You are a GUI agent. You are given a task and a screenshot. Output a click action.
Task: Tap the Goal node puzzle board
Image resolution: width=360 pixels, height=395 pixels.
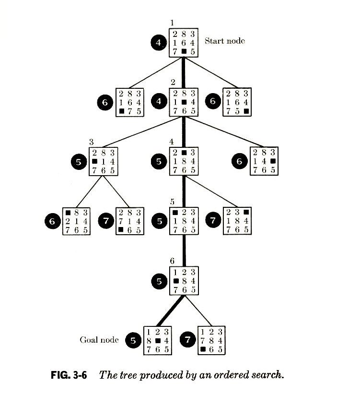(x=157, y=340)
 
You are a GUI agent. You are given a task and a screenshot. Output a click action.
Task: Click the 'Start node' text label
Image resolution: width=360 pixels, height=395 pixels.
(x=225, y=41)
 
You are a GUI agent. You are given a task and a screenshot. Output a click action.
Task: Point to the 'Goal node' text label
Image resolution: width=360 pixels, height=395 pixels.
(x=99, y=340)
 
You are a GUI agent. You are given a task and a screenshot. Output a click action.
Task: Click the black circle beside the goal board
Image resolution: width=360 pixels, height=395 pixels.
(x=132, y=340)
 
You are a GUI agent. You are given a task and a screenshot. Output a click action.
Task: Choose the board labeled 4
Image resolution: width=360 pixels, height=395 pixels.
(x=184, y=161)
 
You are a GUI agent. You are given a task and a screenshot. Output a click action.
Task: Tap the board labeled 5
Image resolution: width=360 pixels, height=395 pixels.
(x=184, y=220)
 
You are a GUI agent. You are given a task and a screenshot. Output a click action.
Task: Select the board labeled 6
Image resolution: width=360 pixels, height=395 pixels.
(x=184, y=280)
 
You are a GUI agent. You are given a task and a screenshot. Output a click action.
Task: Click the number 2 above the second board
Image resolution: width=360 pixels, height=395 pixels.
(x=174, y=81)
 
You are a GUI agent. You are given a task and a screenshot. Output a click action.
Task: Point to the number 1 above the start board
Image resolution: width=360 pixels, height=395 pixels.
(x=173, y=22)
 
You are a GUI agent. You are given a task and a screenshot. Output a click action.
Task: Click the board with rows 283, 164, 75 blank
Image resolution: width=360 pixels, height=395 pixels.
(x=238, y=102)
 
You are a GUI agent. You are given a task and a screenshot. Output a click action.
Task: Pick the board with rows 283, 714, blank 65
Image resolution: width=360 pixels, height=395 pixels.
(x=130, y=221)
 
